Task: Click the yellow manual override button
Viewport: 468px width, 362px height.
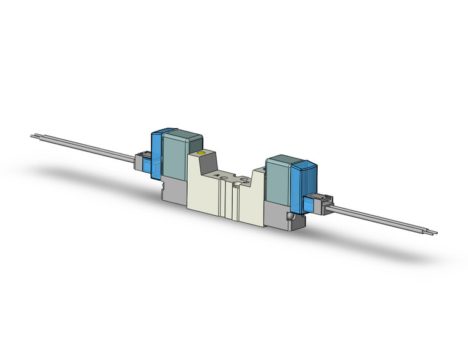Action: tap(199, 152)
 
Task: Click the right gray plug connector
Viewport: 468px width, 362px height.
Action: tap(319, 203)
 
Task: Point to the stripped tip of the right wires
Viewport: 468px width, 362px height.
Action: tap(432, 232)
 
